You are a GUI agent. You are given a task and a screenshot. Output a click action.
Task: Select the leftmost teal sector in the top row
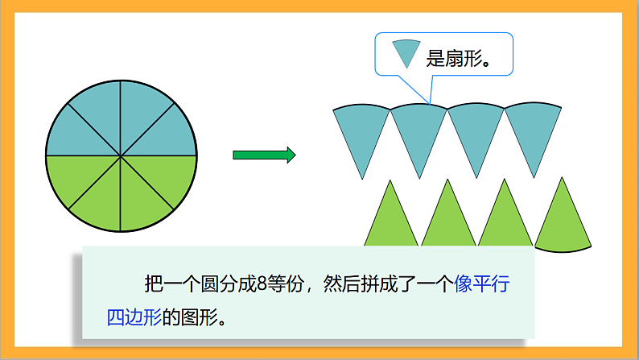click(361, 133)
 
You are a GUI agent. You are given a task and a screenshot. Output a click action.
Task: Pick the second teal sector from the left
click(418, 133)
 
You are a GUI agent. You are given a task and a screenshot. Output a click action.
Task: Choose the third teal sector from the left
click(475, 133)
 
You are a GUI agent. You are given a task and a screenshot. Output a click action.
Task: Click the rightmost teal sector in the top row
click(532, 133)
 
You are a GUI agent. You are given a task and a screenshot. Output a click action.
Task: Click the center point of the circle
click(121, 155)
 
